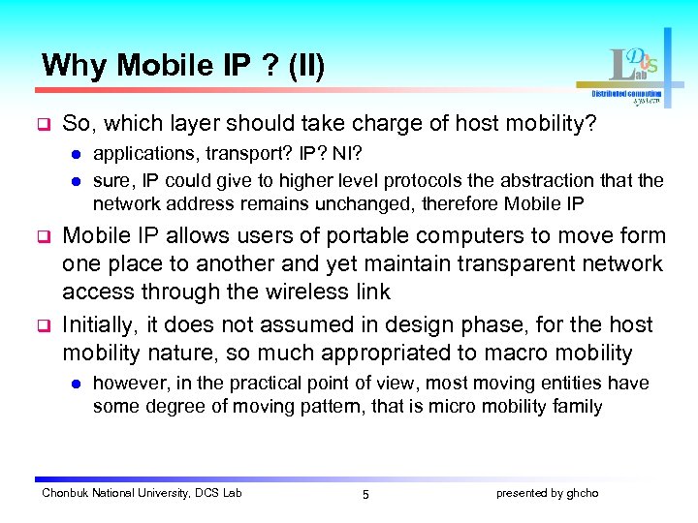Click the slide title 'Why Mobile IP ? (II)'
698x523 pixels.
(x=183, y=65)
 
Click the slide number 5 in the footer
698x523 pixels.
(x=365, y=494)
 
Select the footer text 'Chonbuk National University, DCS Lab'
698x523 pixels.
(x=142, y=493)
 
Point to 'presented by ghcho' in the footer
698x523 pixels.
(x=547, y=493)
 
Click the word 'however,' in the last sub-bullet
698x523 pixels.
(x=129, y=384)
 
